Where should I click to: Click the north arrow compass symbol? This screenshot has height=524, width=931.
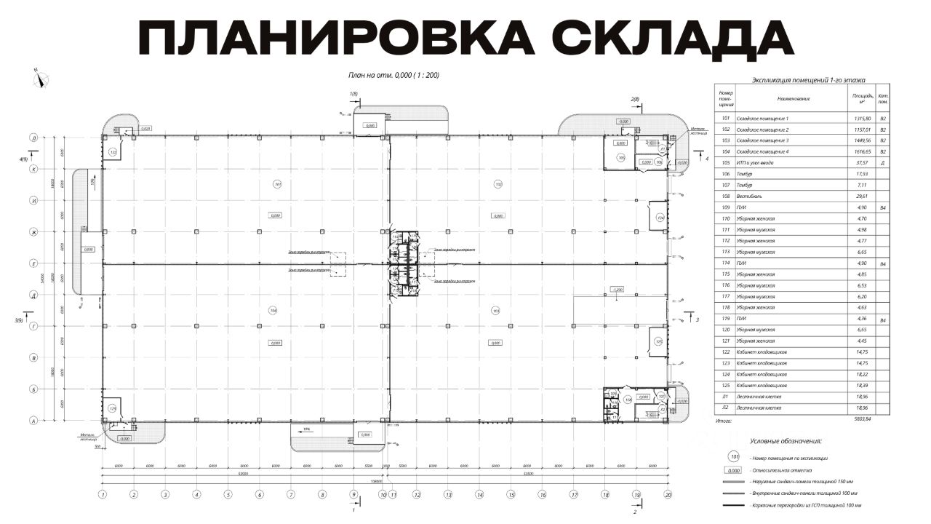[41, 79]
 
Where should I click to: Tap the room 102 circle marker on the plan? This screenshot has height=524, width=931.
[498, 183]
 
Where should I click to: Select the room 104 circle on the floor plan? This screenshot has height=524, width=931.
[273, 311]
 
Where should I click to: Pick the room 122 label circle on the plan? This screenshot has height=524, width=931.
[113, 151]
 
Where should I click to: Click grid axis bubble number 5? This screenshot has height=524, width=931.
[228, 495]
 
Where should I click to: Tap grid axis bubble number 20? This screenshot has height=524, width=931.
[668, 495]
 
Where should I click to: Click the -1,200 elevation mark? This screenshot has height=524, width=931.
[618, 290]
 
